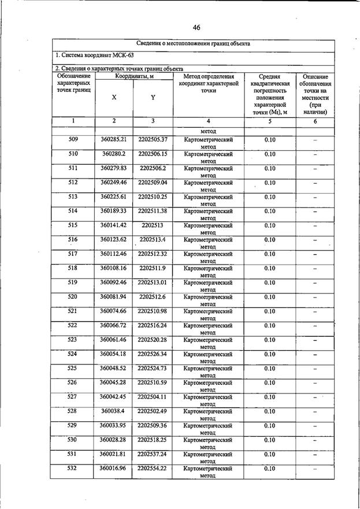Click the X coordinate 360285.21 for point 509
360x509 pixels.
pyautogui.click(x=113, y=140)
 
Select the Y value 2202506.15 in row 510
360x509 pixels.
pyautogui.click(x=153, y=154)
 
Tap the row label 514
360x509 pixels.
pyautogui.click(x=73, y=211)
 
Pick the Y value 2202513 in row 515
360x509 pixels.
pyautogui.click(x=153, y=225)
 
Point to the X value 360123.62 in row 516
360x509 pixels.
pyautogui.click(x=113, y=239)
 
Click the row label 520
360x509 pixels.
pyautogui.click(x=73, y=296)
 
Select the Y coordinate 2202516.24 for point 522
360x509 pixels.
pyautogui.click(x=153, y=325)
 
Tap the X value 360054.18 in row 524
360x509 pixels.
pyautogui.click(x=113, y=354)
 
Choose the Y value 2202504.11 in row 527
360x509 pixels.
pyautogui.click(x=153, y=396)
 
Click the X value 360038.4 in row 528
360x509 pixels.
pyautogui.click(x=113, y=411)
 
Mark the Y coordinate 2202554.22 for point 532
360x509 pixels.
pyautogui.click(x=153, y=468)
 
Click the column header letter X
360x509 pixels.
pyautogui.click(x=114, y=98)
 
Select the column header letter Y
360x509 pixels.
pyautogui.click(x=153, y=98)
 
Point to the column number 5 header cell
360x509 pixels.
pyautogui.click(x=270, y=121)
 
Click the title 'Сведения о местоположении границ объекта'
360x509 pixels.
pyautogui.click(x=194, y=43)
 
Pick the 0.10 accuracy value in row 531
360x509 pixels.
pyautogui.click(x=270, y=454)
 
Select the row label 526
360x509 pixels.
pyautogui.click(x=73, y=382)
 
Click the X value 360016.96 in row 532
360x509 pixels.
pyautogui.click(x=113, y=468)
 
